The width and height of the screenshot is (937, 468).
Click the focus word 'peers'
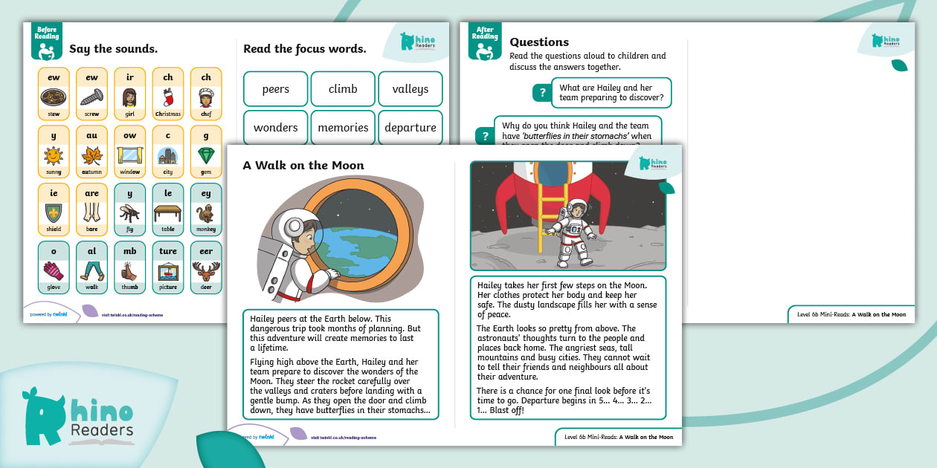coord(275,89)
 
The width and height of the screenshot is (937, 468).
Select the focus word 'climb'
coord(343,89)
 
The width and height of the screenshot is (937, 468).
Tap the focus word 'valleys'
coord(410,89)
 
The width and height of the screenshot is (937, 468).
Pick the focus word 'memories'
coord(343,128)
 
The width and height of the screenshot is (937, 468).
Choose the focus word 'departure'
coord(410,128)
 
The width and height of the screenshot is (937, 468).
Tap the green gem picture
coord(206,156)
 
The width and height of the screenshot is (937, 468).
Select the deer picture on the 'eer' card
coord(206,271)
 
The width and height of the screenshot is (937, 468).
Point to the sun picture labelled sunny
coord(54,156)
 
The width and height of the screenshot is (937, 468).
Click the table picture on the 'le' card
coord(168,214)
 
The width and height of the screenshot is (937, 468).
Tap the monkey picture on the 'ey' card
coord(206,214)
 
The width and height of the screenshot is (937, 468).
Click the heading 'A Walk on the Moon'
coord(303,166)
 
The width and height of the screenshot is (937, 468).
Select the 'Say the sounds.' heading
coord(113,50)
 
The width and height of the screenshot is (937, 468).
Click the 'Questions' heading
coord(539,42)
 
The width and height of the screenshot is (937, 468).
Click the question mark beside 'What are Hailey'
coord(543,93)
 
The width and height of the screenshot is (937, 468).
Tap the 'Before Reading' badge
coord(46,41)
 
